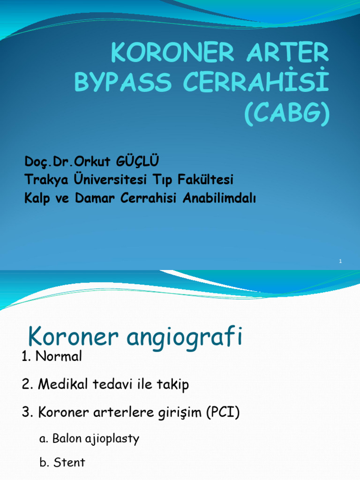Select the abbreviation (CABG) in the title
[286, 114]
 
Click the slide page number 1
[341, 261]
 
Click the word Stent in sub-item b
[69, 463]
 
